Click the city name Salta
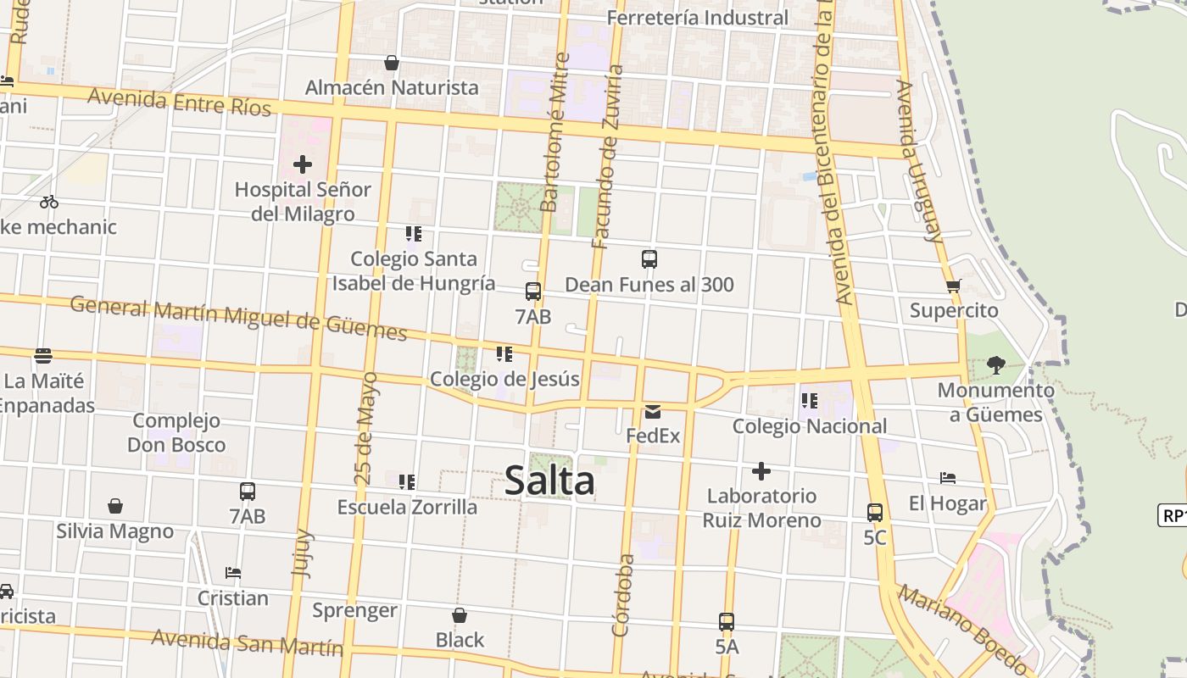point(549,481)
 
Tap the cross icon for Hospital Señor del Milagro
point(302,164)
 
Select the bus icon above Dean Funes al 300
point(649,259)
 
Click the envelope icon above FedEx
point(653,412)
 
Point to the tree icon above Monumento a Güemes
point(996,365)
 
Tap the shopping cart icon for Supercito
point(954,286)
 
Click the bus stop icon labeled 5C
point(875,513)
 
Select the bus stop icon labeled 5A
point(727,621)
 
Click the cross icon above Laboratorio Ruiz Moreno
point(761,471)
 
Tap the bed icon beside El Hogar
point(948,479)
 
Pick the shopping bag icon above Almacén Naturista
point(392,63)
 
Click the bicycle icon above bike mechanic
point(49,202)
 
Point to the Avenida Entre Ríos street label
point(179,102)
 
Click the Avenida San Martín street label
point(248,643)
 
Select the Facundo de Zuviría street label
point(608,157)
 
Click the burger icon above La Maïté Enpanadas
point(43,356)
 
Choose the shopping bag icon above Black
point(460,615)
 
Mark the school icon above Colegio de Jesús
point(504,354)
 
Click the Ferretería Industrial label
point(697,18)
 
